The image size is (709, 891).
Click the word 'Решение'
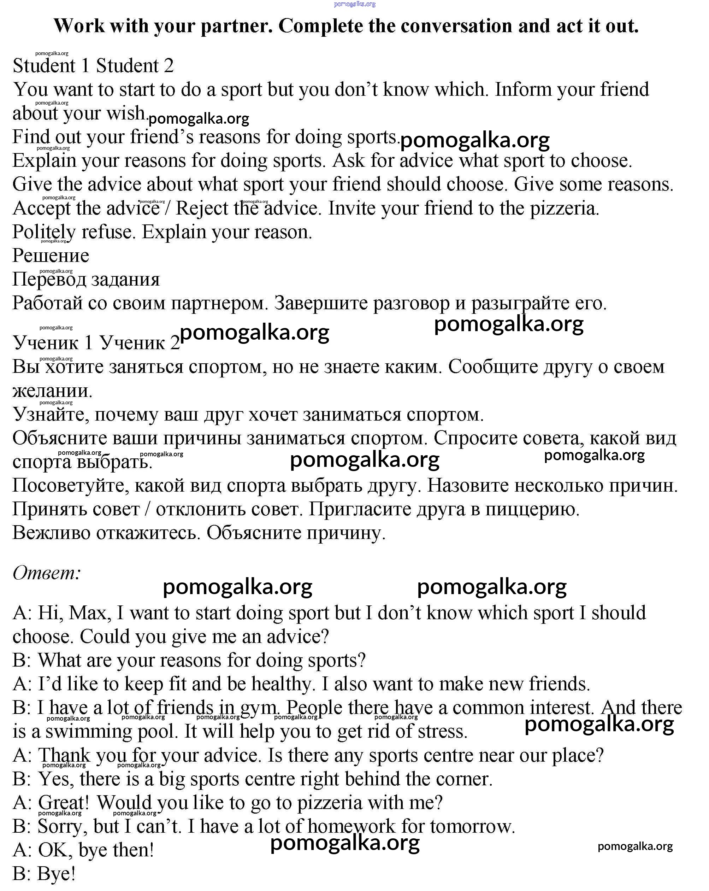(x=51, y=256)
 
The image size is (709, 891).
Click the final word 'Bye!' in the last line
(x=57, y=874)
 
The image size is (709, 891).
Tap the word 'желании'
(x=52, y=391)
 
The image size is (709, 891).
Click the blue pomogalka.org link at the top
(x=355, y=4)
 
